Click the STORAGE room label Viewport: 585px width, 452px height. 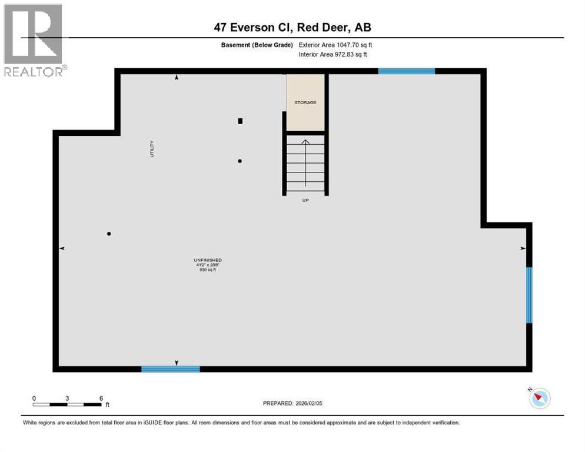click(305, 102)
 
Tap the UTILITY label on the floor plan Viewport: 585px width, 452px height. click(152, 148)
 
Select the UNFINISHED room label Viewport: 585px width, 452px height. click(208, 260)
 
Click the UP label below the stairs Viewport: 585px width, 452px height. click(305, 200)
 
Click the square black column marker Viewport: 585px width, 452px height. click(240, 121)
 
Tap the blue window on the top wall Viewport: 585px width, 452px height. click(406, 71)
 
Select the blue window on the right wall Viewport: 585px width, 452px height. click(529, 295)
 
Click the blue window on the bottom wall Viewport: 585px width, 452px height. click(171, 369)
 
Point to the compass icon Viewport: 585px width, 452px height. click(539, 398)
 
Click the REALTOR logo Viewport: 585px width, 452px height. click(34, 40)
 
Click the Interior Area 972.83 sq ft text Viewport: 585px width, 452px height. click(333, 54)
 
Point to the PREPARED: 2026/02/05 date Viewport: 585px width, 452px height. click(292, 403)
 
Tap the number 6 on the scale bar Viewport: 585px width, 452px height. click(101, 398)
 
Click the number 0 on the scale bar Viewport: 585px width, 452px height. click(34, 398)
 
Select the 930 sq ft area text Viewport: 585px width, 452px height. click(208, 270)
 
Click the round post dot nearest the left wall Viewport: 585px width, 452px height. click(109, 234)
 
